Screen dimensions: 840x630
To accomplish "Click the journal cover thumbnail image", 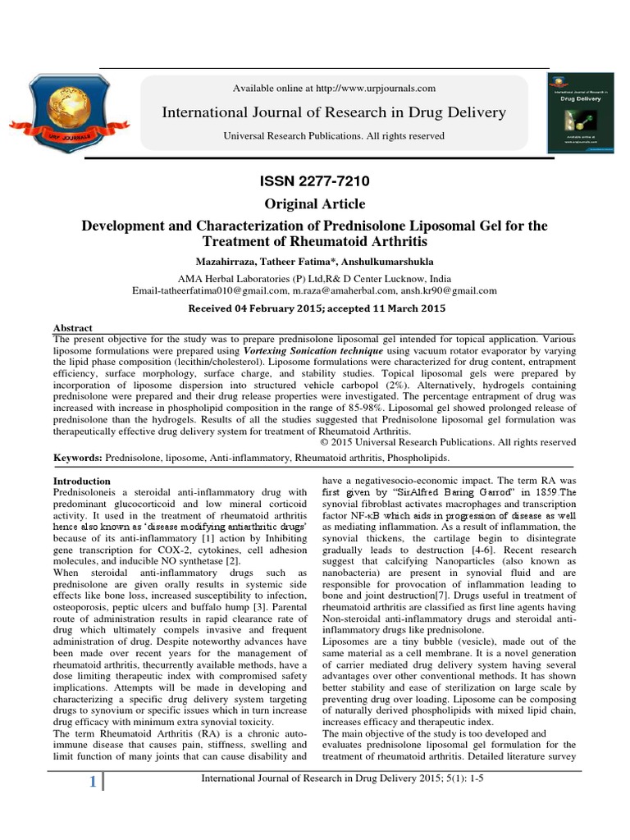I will [x=583, y=111].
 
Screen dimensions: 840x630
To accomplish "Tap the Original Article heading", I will [x=315, y=203].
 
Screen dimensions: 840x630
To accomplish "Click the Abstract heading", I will [x=73, y=327].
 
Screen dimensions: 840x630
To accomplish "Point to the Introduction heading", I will [x=82, y=481].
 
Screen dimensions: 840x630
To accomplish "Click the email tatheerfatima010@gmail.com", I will [x=209, y=290].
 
